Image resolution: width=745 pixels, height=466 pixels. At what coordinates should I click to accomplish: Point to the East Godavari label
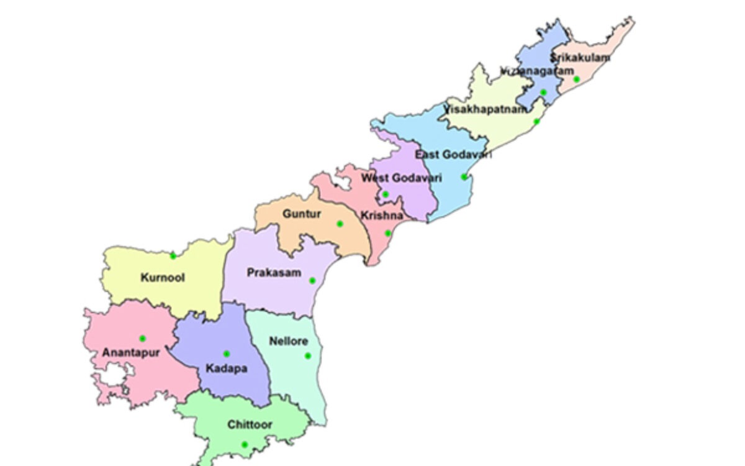click(x=453, y=154)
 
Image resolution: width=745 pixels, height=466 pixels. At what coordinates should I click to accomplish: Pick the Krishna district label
click(x=381, y=216)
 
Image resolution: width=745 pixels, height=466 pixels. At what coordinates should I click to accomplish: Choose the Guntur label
click(x=302, y=214)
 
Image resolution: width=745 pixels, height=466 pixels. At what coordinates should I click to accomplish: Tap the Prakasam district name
click(x=274, y=272)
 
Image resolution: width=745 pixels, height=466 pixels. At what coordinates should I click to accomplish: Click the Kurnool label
click(x=163, y=278)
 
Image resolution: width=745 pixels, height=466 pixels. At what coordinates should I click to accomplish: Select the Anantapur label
click(x=131, y=352)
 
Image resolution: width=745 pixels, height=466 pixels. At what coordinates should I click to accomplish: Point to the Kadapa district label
click(x=226, y=368)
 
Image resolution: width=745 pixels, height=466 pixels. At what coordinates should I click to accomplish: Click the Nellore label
click(x=289, y=341)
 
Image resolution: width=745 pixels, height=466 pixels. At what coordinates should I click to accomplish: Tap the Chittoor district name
click(x=250, y=425)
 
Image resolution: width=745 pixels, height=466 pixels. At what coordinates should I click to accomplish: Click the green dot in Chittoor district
click(x=245, y=444)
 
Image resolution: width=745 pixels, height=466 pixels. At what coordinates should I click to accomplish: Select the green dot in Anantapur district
click(x=142, y=339)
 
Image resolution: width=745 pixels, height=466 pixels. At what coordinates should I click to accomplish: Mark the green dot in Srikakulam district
click(x=576, y=80)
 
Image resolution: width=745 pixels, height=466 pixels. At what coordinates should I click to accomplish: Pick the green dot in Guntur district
click(x=340, y=224)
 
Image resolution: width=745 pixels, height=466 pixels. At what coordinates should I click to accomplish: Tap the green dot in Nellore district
click(x=307, y=356)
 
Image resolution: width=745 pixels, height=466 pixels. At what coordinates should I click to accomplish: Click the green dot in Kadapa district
click(x=226, y=354)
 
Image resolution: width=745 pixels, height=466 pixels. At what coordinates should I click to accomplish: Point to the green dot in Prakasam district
click(x=312, y=281)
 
